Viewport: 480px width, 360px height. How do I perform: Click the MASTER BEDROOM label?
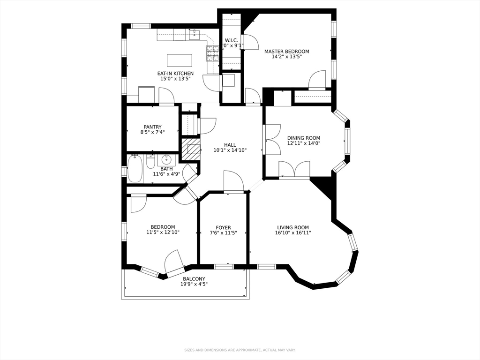point(286,52)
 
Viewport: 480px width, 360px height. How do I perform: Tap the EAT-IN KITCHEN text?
point(175,74)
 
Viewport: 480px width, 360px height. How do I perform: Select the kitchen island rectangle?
point(180,60)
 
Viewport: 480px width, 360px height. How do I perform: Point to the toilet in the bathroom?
point(150,162)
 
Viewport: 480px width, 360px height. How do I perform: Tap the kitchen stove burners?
point(212,54)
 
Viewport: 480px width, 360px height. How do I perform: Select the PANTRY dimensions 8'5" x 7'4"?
point(152,133)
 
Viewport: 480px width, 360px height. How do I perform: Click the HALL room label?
point(230,145)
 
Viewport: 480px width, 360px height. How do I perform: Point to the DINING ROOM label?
point(303,138)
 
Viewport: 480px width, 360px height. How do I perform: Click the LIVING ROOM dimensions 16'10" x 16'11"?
point(293,233)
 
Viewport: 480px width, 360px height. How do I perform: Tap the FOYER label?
point(223,228)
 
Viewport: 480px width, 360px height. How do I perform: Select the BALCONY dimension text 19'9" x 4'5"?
point(194,284)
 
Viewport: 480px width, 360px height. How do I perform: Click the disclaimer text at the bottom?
point(240,350)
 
